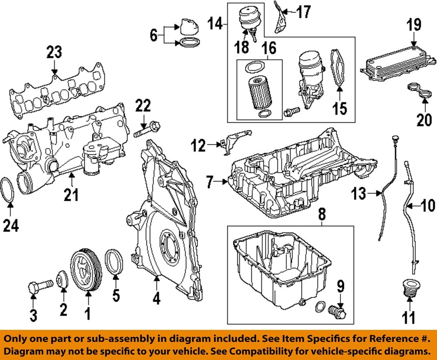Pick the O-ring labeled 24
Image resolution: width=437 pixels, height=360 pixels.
(x=10, y=190)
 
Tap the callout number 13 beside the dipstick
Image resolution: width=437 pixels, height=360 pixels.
(x=359, y=193)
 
